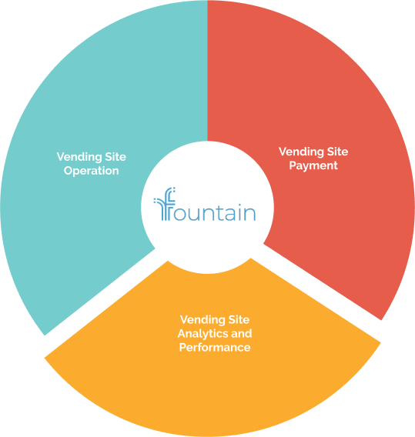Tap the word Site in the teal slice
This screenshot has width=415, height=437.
point(115,157)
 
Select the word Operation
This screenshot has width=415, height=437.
point(91,171)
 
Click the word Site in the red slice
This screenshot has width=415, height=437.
point(337,152)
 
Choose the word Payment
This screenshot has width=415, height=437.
point(313,166)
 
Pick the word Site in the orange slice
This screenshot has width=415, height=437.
point(239,319)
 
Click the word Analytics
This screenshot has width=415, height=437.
point(202,334)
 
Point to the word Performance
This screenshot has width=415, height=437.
point(215,347)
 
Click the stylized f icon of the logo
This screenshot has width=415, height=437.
point(164,204)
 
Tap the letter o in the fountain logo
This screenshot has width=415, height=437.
point(182,213)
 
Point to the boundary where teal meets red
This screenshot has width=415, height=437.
point(208,71)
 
